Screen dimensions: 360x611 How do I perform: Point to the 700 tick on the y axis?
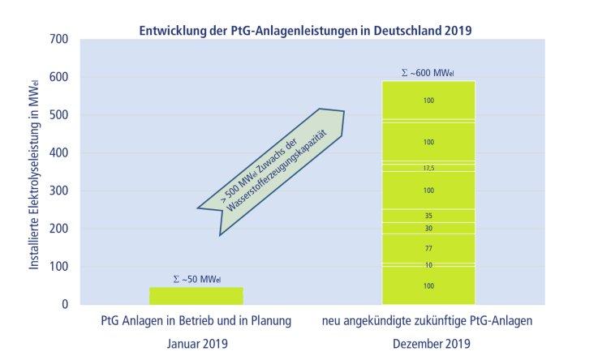pos(58,39)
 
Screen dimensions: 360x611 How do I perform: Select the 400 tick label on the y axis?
pos(58,152)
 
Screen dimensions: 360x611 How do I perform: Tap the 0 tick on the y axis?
pos(64,304)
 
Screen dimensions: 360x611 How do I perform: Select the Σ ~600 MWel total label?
pos(428,73)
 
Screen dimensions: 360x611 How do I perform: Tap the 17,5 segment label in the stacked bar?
pos(428,168)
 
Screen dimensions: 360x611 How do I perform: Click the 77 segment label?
pos(428,247)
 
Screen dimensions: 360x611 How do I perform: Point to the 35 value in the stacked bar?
pos(428,216)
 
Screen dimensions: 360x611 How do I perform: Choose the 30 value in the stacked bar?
pos(428,229)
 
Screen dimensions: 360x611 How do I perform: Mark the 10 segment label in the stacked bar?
pos(428,265)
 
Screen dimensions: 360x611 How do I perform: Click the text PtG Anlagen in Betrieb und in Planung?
pos(195,321)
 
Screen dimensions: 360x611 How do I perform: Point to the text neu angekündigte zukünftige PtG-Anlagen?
pos(428,321)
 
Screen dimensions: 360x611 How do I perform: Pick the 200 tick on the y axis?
pos(58,229)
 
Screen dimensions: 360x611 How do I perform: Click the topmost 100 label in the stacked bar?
pos(428,101)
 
